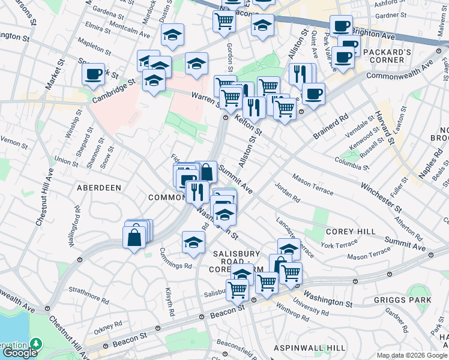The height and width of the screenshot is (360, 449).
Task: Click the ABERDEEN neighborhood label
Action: click(99, 188)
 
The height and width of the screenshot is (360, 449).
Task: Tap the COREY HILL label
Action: click(351, 232)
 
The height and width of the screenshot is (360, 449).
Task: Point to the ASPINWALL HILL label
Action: click(309, 348)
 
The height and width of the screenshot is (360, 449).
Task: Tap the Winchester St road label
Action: click(382, 197)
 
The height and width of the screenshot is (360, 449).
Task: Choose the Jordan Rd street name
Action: click(288, 193)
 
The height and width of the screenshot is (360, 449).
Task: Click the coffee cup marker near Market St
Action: click(94, 74)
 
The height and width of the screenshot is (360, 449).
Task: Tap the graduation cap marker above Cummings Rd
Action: click(193, 242)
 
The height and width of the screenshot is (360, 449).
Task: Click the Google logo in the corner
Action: click(20, 353)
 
